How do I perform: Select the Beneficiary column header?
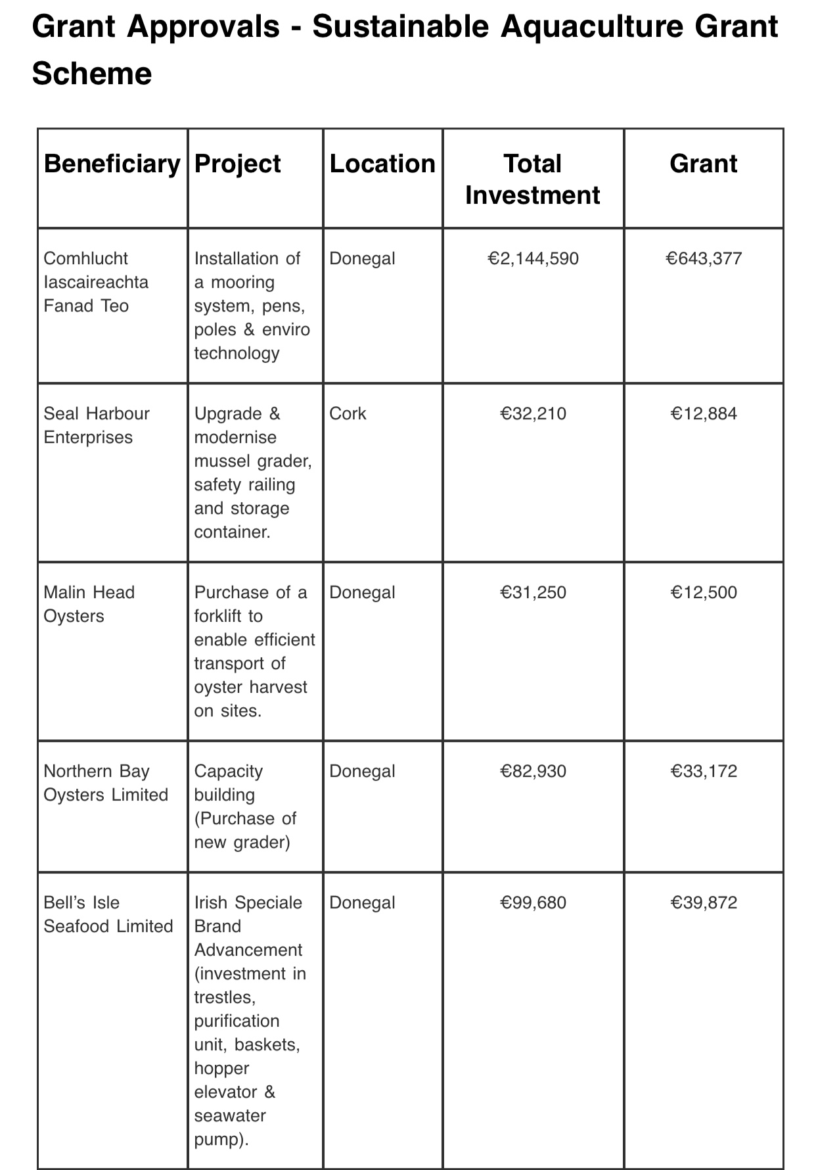(x=112, y=164)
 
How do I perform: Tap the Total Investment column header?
(x=533, y=179)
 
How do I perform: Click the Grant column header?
(x=703, y=164)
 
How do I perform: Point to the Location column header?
(x=382, y=164)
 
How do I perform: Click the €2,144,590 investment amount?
(x=533, y=258)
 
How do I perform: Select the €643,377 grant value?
(x=704, y=258)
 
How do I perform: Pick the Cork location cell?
(x=348, y=413)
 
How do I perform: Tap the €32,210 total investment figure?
(x=533, y=413)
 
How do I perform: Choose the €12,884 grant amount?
(x=704, y=413)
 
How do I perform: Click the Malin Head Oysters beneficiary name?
(x=89, y=604)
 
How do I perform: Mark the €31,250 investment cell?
(x=533, y=592)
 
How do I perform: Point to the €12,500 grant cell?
(x=704, y=592)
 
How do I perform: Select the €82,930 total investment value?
(x=533, y=771)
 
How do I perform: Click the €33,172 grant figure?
(x=704, y=771)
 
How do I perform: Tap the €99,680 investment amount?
(x=533, y=902)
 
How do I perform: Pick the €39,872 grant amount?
(x=704, y=902)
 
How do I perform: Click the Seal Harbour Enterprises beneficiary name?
(x=96, y=425)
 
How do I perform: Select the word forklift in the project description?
(x=219, y=616)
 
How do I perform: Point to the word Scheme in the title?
(x=92, y=74)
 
